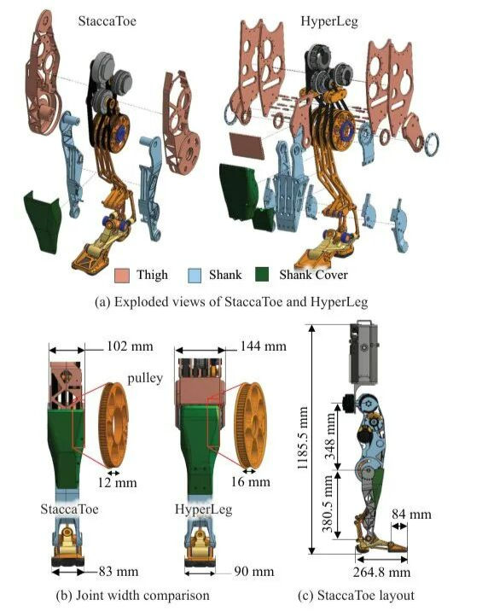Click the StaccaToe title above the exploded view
tap(107, 20)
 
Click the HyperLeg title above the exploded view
tap(329, 21)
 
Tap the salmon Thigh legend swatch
tap(122, 275)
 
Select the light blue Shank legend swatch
tap(194, 275)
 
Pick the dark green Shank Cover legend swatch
tap(262, 275)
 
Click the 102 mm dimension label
tap(130, 346)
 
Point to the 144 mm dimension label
tap(263, 346)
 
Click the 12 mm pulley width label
tap(117, 483)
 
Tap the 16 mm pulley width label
tap(251, 481)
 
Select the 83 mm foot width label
tap(119, 572)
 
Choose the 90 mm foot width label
tap(253, 572)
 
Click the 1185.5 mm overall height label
tap(303, 438)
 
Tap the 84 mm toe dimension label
tap(411, 515)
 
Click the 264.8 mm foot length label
tap(381, 573)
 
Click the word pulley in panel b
tap(145, 378)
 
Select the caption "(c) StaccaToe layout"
tap(356, 596)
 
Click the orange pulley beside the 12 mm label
tap(113, 425)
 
